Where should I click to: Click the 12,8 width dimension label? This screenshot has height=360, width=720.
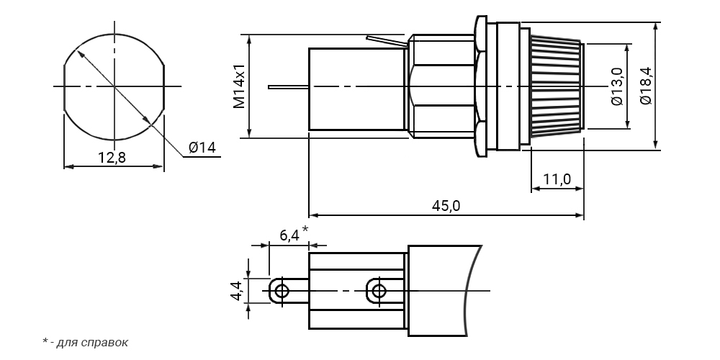point(112,158)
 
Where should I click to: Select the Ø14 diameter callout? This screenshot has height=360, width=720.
point(202,148)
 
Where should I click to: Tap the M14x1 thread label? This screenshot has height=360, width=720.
point(239,86)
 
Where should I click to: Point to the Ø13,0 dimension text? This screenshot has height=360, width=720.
point(617,86)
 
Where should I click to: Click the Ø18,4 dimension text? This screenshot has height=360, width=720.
point(646,86)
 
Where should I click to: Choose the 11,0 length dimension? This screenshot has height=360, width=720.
point(557,179)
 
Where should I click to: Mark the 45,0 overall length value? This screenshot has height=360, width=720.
point(446,206)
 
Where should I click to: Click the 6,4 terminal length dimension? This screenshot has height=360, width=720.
point(289,235)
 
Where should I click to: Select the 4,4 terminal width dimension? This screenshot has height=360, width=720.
point(236,291)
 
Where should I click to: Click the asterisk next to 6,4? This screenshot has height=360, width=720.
point(305,229)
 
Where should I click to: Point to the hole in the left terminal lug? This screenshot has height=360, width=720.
point(282,291)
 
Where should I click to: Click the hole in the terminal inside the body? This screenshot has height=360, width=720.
point(379,291)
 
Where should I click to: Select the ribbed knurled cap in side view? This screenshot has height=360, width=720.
point(557,87)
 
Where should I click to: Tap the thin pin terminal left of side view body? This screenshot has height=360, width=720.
point(289,87)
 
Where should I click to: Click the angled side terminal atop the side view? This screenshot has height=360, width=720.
point(387,41)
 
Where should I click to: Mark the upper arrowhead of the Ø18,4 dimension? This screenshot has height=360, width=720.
point(656,27)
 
